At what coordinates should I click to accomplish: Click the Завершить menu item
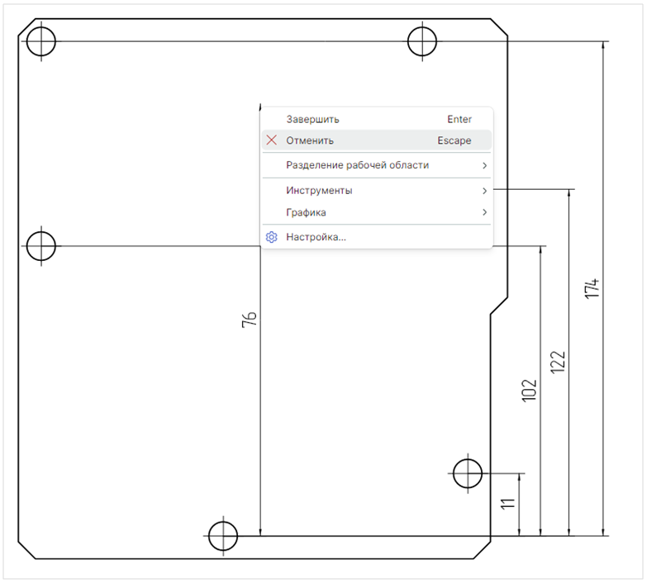click(x=312, y=120)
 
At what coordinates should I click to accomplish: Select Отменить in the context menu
click(x=310, y=140)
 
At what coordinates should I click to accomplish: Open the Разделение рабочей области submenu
click(x=357, y=165)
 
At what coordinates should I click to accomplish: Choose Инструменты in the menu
click(x=319, y=191)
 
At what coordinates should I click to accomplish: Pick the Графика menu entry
click(x=306, y=212)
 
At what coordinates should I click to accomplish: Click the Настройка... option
click(x=316, y=238)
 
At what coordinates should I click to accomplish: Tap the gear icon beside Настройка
click(x=271, y=238)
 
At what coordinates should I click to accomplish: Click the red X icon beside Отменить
click(x=271, y=140)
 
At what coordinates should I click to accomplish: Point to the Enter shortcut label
click(x=459, y=120)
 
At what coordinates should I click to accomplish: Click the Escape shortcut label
click(x=454, y=140)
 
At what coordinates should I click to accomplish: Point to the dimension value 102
click(x=530, y=390)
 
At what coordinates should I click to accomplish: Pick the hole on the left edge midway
click(x=41, y=245)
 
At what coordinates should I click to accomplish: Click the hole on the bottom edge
click(x=222, y=534)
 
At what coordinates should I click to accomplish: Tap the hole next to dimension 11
click(x=468, y=473)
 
